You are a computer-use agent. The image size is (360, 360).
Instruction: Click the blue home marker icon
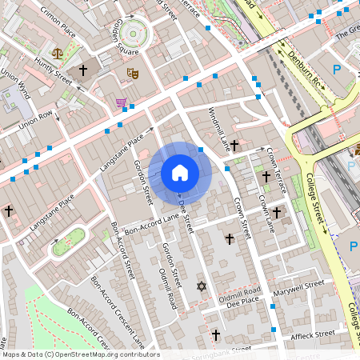pyautogui.click(x=179, y=172)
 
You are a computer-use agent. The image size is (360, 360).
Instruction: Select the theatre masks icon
pyautogui.click(x=133, y=73)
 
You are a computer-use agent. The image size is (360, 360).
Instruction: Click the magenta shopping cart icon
pyautogui.click(x=120, y=102)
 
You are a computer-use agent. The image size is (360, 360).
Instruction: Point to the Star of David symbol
pyautogui.click(x=201, y=286)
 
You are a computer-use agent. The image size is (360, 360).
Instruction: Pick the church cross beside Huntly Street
pyautogui.click(x=82, y=70)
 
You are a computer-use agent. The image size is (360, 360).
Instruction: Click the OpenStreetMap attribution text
pyautogui.click(x=80, y=354)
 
